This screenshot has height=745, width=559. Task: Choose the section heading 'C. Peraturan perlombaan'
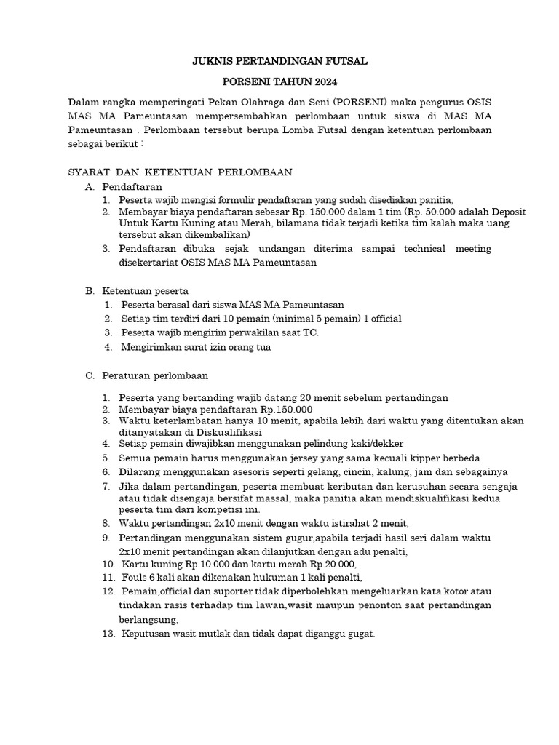[146, 375]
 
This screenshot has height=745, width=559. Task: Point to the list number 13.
[108, 634]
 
